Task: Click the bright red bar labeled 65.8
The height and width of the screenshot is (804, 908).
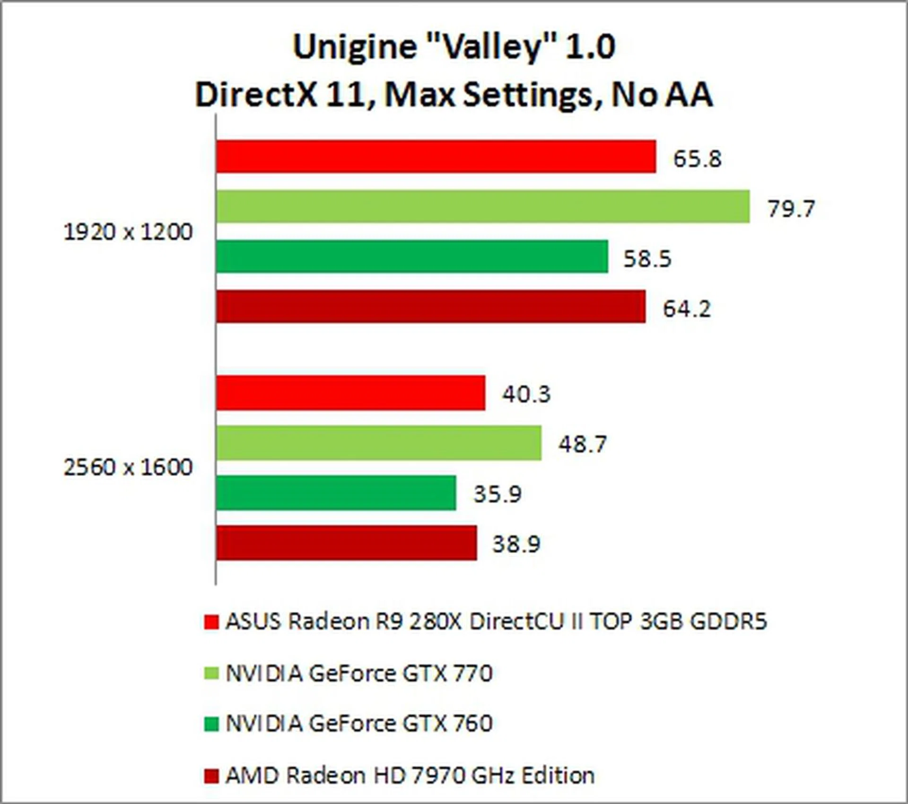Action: (x=436, y=156)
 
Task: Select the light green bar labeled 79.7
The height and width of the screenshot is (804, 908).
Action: (x=483, y=206)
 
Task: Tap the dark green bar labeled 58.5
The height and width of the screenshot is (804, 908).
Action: (x=412, y=256)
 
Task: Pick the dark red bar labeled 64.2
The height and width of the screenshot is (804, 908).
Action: (x=431, y=307)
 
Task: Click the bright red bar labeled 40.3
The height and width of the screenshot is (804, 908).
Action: (x=350, y=393)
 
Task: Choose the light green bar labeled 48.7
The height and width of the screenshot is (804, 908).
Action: (x=379, y=443)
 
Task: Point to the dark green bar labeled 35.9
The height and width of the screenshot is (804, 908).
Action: (x=336, y=493)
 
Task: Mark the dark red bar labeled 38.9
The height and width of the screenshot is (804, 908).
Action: (x=347, y=543)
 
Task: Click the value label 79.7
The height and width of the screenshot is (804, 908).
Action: (x=791, y=209)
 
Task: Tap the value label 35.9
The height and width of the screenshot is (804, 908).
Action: (x=498, y=494)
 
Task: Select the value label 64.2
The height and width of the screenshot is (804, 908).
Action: (x=687, y=309)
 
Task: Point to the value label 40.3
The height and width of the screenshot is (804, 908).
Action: (x=526, y=394)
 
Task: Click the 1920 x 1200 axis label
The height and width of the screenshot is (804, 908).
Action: (x=128, y=232)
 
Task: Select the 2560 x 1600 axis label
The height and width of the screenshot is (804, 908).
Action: (x=128, y=468)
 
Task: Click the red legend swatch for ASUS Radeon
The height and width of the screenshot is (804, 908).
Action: (x=211, y=622)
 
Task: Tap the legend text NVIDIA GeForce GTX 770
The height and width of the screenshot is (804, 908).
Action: (x=359, y=673)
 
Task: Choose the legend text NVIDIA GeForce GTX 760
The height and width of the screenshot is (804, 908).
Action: (x=359, y=723)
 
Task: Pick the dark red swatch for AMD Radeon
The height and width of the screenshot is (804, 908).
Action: (x=211, y=776)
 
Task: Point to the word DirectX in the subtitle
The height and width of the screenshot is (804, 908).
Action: (x=255, y=95)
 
